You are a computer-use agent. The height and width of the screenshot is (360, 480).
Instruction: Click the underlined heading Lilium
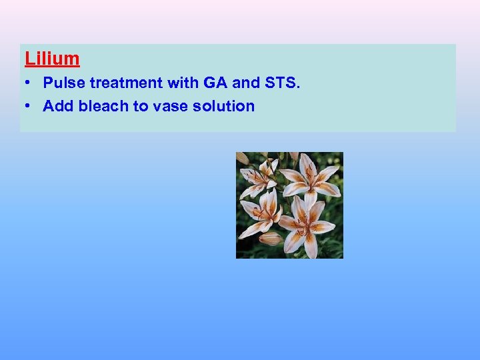52,59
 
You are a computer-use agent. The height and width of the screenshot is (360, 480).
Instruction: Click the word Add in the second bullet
58,106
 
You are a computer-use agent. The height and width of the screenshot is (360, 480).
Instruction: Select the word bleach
103,106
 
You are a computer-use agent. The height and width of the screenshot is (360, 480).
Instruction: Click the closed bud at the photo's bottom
271,239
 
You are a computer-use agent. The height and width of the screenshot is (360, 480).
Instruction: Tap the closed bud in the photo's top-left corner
243,159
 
